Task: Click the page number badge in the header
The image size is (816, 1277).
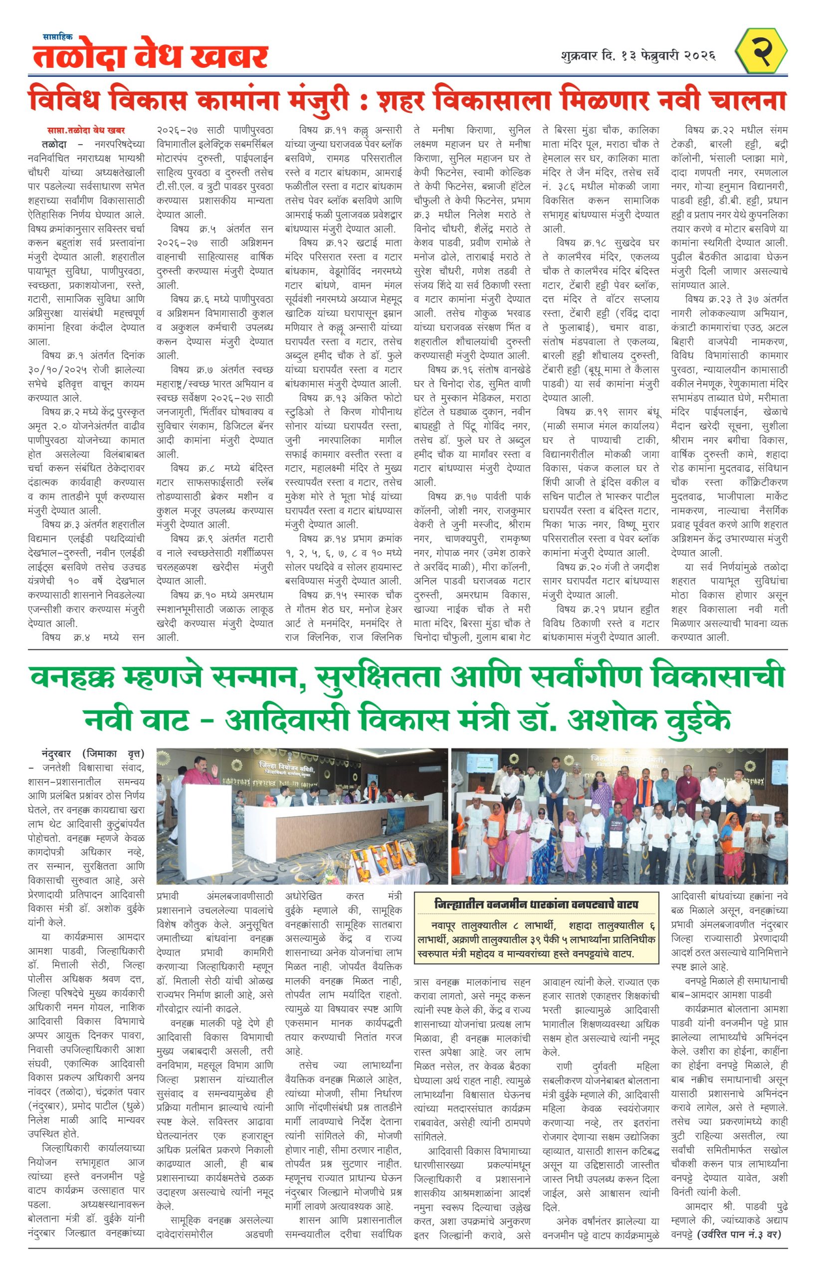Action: tap(761, 51)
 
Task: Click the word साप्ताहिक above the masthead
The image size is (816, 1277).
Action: tap(57, 37)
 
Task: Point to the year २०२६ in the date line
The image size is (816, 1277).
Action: tap(699, 55)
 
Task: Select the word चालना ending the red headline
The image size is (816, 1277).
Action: tap(746, 101)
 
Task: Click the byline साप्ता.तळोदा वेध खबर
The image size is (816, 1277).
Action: tap(85, 130)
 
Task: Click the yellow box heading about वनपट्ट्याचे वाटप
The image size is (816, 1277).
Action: tap(536, 904)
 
